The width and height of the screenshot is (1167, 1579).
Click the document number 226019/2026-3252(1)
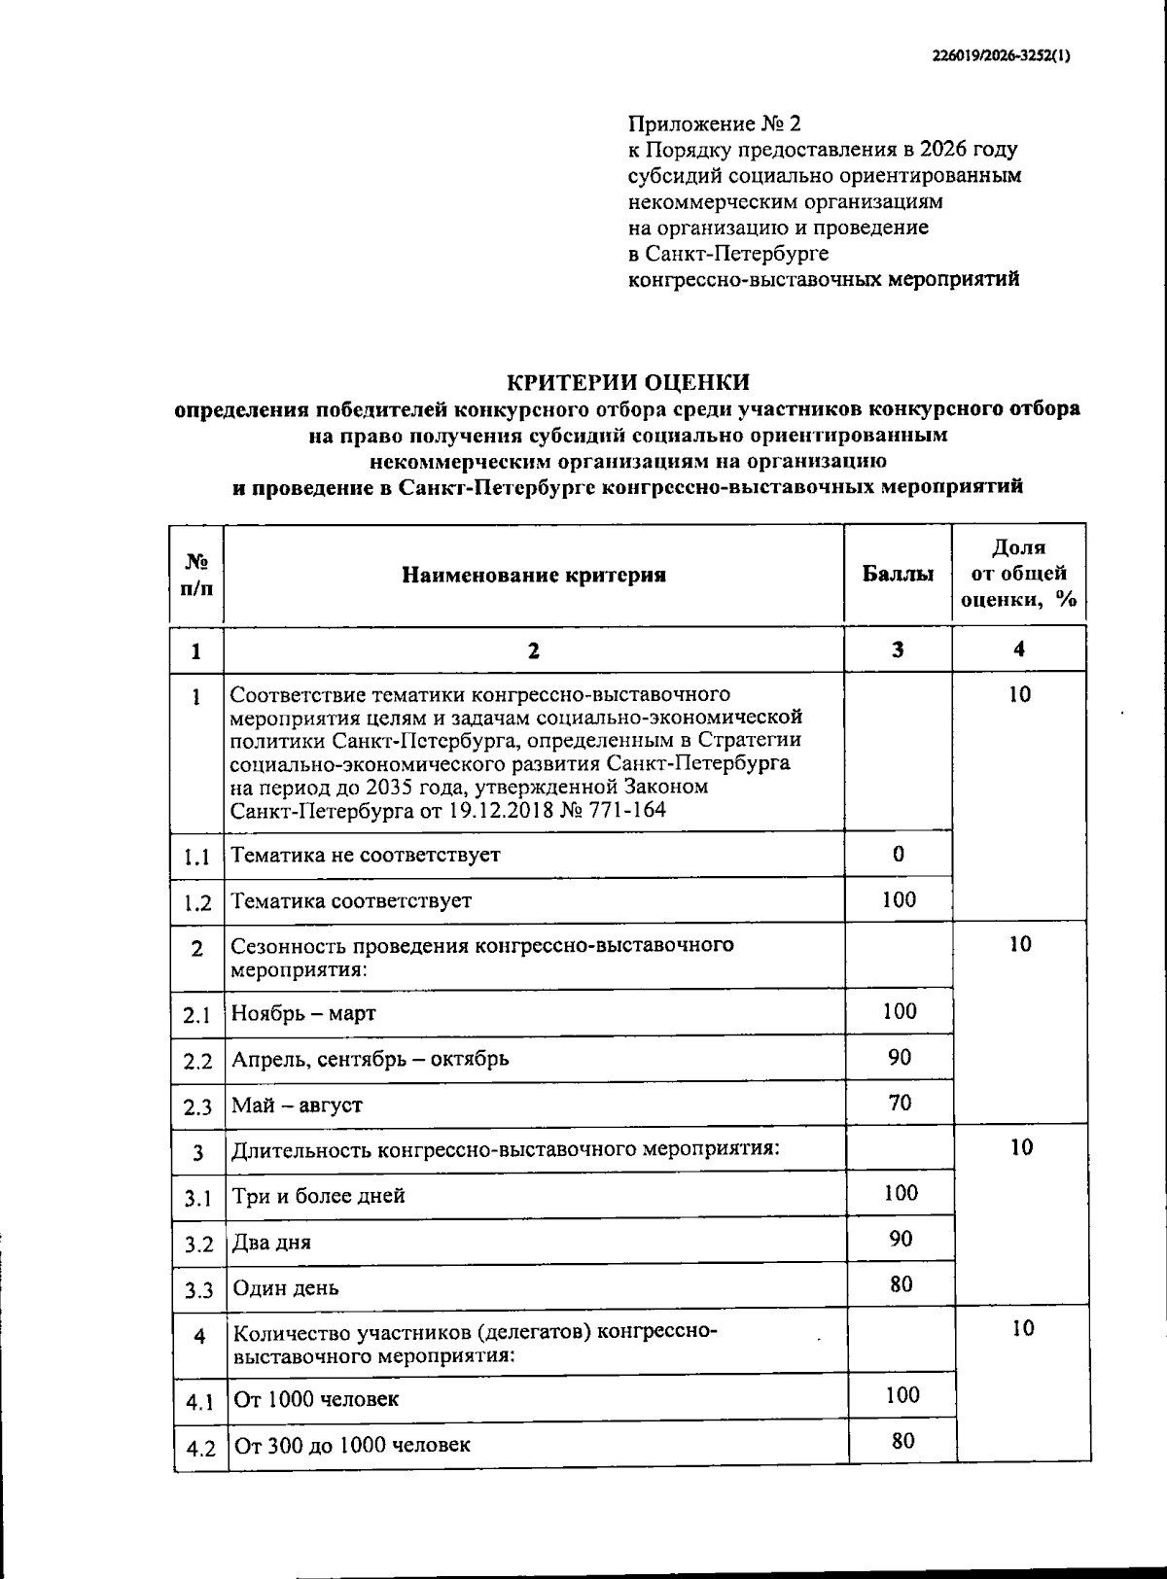tap(999, 56)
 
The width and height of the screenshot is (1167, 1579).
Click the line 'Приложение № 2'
tap(715, 124)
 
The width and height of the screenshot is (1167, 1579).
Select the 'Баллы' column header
tap(898, 575)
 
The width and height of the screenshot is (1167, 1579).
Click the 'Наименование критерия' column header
tap(534, 575)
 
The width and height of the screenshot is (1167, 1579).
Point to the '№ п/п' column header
tap(196, 575)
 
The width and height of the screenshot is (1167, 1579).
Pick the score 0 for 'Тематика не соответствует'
tap(898, 854)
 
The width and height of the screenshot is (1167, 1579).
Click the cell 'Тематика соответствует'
tap(351, 900)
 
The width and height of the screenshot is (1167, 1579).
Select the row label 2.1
tap(197, 1016)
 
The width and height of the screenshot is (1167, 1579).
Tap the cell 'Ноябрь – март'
tap(303, 1013)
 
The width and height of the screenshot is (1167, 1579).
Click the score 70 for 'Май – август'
tap(900, 1103)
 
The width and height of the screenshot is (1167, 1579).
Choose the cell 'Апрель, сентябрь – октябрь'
tap(370, 1059)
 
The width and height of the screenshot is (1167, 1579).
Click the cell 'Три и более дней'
tap(319, 1196)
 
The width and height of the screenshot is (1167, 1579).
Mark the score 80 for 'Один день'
tap(902, 1284)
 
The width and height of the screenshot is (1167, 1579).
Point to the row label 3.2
tap(198, 1245)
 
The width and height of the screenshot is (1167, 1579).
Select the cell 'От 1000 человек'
tap(316, 1399)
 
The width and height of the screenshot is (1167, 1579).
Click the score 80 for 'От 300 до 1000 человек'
tap(902, 1441)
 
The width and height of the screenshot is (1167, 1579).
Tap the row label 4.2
tap(200, 1448)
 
